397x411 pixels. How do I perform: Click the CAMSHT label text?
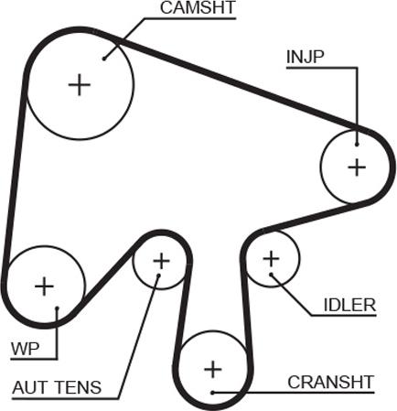(198, 8)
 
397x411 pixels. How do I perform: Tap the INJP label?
(306, 57)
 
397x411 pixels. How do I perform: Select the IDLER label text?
(349, 305)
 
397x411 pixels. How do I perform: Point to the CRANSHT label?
(331, 382)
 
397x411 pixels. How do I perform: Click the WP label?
(26, 349)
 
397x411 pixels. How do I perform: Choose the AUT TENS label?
(57, 387)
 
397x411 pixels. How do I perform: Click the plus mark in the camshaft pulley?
(80, 84)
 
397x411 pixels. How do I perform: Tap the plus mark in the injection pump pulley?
(357, 168)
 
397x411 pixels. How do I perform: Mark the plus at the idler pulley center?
(271, 259)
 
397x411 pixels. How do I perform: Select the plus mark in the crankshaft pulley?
(213, 370)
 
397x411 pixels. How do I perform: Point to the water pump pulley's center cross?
(45, 287)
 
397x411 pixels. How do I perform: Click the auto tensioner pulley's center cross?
(161, 261)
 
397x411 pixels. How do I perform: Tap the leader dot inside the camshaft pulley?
(104, 59)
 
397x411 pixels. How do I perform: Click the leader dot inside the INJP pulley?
(357, 145)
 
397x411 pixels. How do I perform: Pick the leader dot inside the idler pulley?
(271, 275)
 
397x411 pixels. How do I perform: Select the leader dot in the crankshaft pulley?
(213, 392)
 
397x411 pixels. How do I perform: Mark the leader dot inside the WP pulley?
(57, 308)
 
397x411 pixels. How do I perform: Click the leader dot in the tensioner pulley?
(158, 276)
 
